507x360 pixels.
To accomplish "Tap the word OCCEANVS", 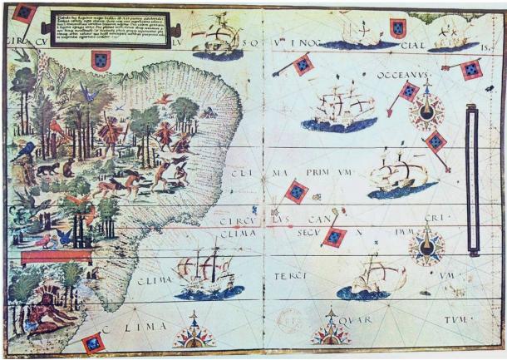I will click(396, 74).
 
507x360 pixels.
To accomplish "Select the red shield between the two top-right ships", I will click(398, 29).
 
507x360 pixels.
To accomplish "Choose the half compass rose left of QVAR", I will click(330, 332).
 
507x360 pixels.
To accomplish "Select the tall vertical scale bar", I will click(472, 178).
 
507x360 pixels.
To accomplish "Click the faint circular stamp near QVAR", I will click(288, 321).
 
